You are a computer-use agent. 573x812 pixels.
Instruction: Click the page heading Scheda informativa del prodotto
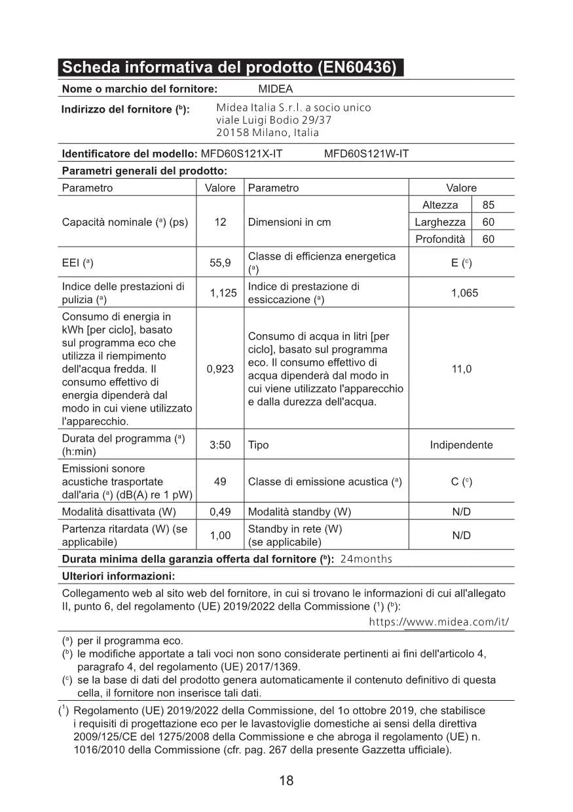point(229,68)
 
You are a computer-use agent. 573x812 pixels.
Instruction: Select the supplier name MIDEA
point(276,89)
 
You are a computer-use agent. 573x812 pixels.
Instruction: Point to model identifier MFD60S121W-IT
point(366,154)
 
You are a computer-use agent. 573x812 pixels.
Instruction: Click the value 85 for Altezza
point(488,205)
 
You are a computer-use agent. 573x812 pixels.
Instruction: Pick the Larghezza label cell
point(440,222)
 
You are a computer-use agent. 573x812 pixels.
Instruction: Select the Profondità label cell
point(440,239)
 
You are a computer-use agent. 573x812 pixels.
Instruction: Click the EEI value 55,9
point(220,263)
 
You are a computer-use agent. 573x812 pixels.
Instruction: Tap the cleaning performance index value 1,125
point(223,293)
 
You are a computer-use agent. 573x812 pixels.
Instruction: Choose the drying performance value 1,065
point(464,293)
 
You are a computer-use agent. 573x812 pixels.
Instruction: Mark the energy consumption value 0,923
point(220,369)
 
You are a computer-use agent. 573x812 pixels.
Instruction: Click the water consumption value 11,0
point(462,369)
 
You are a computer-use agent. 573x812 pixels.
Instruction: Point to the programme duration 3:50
point(220,445)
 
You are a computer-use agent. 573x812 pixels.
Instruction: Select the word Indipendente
point(461,445)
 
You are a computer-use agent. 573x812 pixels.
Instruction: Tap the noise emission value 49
point(220,482)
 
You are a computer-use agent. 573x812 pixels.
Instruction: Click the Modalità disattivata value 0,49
point(220,512)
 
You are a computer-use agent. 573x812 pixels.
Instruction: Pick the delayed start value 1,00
point(220,535)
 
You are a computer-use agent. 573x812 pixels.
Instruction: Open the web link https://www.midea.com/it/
point(439,622)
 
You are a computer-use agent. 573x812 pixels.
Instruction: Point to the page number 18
point(286,781)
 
